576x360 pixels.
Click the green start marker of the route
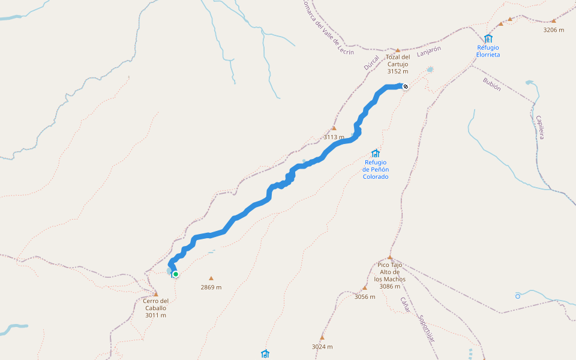[176, 274]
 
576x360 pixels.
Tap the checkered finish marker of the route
[406, 86]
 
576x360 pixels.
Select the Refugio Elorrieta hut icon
[488, 39]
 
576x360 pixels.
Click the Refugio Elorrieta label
[488, 51]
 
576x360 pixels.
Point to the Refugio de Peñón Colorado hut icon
[376, 153]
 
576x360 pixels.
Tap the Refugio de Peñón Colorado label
[376, 169]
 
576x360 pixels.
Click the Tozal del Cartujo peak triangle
[397, 50]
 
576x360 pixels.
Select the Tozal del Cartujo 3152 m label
[397, 64]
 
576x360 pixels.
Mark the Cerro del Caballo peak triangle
[156, 294]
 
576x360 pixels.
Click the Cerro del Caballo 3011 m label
[156, 308]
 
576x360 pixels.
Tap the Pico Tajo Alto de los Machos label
[390, 275]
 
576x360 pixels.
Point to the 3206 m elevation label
[553, 29]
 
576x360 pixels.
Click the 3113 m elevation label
[334, 137]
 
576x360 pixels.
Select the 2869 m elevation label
[211, 287]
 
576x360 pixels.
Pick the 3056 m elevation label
[365, 296]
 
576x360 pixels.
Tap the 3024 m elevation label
[322, 346]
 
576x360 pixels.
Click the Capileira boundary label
[540, 127]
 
